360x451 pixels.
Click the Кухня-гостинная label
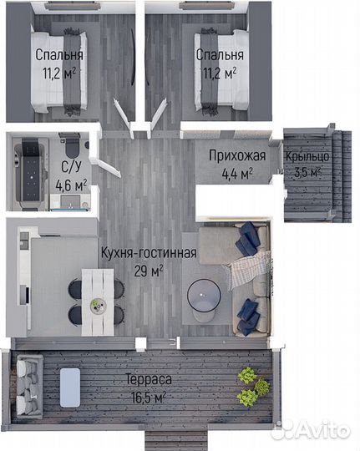[x=149, y=253]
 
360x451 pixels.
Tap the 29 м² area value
[x=149, y=271]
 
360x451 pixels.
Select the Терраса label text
[x=149, y=380]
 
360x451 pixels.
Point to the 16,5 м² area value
[x=149, y=398]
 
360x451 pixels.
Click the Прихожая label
[x=237, y=156]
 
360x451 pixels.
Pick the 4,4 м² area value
[x=237, y=174]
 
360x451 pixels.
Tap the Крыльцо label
[x=307, y=157]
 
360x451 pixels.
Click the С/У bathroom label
[x=71, y=167]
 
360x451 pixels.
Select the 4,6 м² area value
[x=71, y=185]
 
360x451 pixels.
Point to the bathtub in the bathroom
[x=30, y=172]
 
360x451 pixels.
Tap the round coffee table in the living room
[x=204, y=296]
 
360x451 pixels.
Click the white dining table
[x=98, y=302]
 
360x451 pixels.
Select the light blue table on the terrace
[x=70, y=388]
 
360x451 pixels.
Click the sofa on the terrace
[x=29, y=386]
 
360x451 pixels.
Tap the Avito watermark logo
[x=311, y=431]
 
